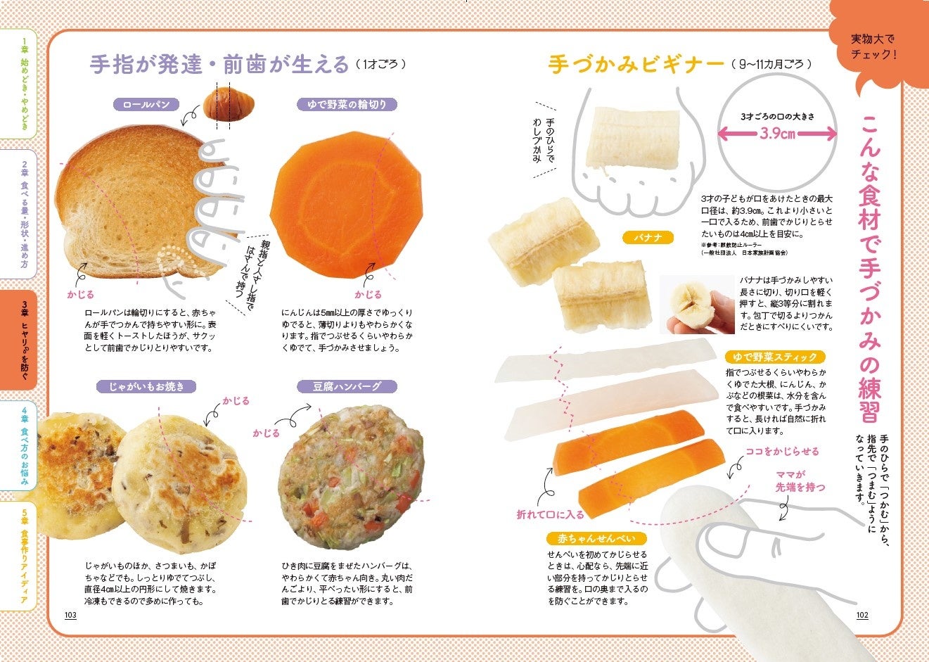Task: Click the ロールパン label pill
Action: pyautogui.click(x=146, y=105)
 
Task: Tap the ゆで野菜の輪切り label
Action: pyautogui.click(x=347, y=105)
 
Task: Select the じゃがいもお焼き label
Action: pyautogui.click(x=146, y=387)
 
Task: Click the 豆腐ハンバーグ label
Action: pyautogui.click(x=347, y=387)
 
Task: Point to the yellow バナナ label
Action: pyautogui.click(x=648, y=238)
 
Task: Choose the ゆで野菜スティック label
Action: pyautogui.click(x=775, y=357)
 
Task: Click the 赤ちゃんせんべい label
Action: pyautogui.click(x=596, y=539)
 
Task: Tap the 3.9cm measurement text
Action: pyautogui.click(x=777, y=134)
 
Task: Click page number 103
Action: pyautogui.click(x=70, y=615)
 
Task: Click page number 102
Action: pyautogui.click(x=862, y=615)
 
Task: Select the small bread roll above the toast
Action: pyautogui.click(x=229, y=103)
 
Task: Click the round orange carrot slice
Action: pyautogui.click(x=346, y=205)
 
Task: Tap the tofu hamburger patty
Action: pyautogui.click(x=351, y=478)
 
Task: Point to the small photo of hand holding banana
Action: pyautogui.click(x=697, y=304)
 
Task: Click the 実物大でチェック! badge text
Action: pyautogui.click(x=873, y=46)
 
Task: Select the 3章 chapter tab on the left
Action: pyautogui.click(x=19, y=340)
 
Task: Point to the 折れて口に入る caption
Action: pyautogui.click(x=550, y=515)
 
